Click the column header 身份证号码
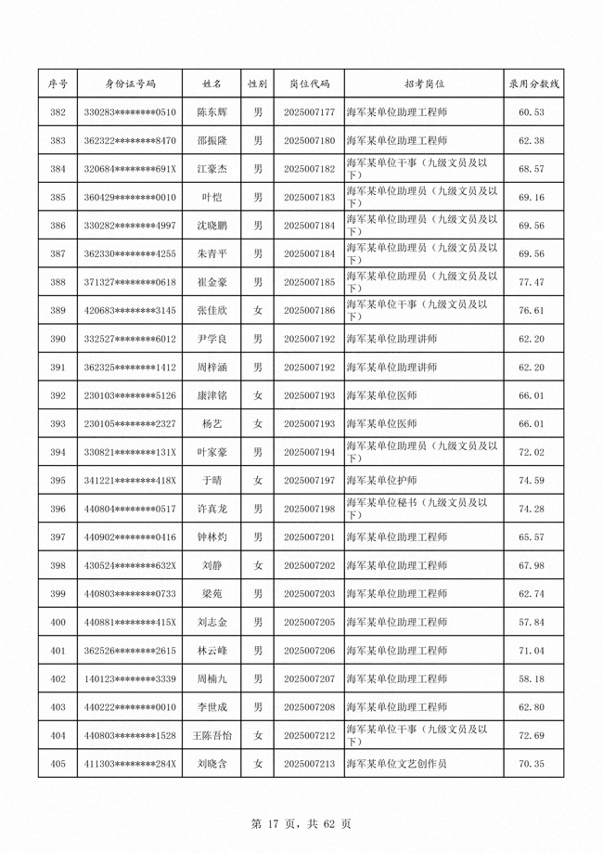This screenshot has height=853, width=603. point(130,84)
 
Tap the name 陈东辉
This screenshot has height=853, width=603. point(212,112)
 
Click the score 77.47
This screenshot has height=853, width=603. point(531,282)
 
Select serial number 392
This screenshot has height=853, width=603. point(58,395)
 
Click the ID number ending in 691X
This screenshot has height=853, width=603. point(130,169)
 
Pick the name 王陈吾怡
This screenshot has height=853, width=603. point(212,735)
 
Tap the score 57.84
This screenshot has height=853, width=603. point(531,622)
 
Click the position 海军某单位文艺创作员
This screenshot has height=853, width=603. point(396,764)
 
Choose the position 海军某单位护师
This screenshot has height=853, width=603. point(381,481)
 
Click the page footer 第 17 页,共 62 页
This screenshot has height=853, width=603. point(301,822)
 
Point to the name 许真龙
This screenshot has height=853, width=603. point(212,509)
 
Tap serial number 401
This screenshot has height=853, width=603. point(58,651)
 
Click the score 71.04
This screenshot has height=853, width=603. point(531,651)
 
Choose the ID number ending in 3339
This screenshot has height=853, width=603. point(130,679)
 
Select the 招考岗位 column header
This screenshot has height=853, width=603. point(424,84)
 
